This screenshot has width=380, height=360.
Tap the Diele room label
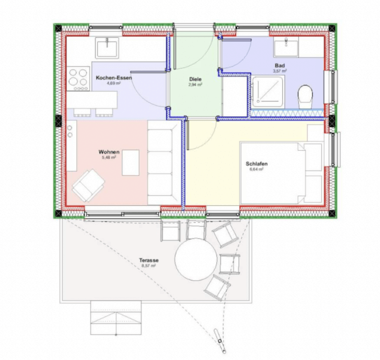tap(195, 79)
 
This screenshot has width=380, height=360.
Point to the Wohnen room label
tap(109, 152)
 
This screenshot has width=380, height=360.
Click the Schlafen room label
tap(256, 164)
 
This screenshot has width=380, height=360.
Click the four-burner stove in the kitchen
tap(78, 78)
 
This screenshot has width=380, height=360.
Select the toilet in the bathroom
tap(306, 95)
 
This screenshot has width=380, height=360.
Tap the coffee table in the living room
tap(130, 162)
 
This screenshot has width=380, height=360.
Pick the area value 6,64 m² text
tap(256, 170)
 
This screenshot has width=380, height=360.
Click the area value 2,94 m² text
tap(195, 85)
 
